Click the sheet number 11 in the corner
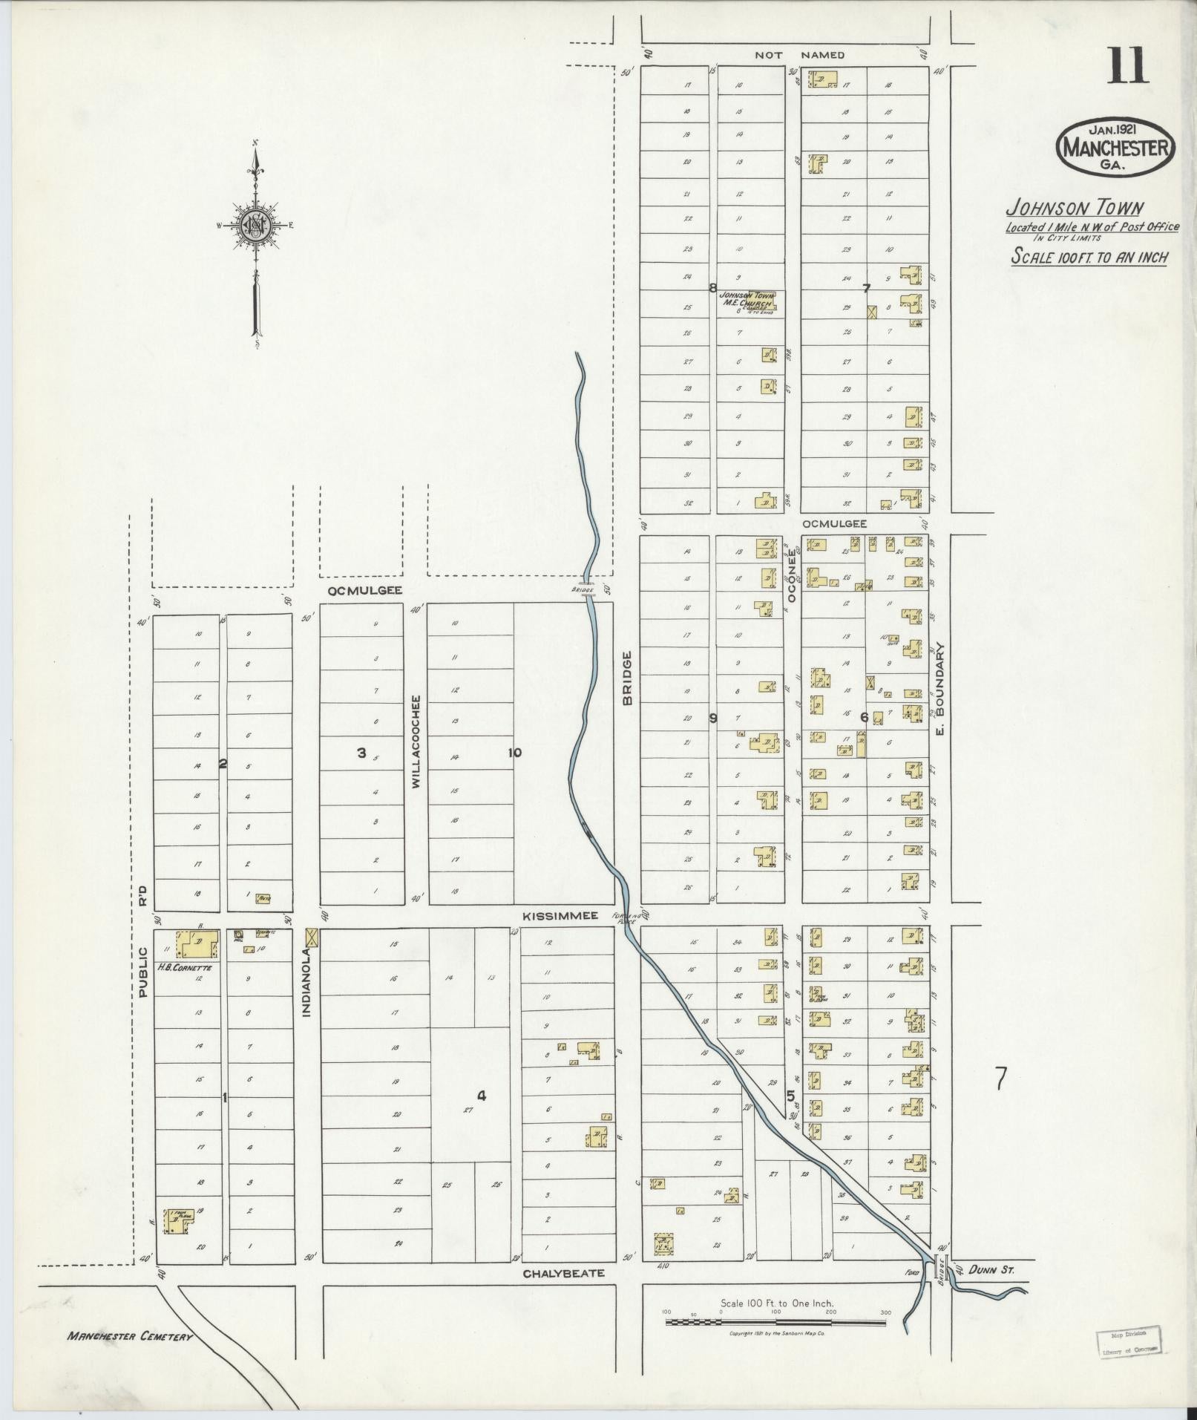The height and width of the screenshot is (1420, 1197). [1129, 67]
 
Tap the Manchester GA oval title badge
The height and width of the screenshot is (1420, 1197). [1115, 147]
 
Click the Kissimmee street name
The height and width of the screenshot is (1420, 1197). [560, 917]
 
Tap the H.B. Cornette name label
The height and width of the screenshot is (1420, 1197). [184, 968]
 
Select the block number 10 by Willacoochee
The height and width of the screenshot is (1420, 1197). [514, 753]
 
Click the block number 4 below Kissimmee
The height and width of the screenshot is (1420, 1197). [481, 1096]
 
